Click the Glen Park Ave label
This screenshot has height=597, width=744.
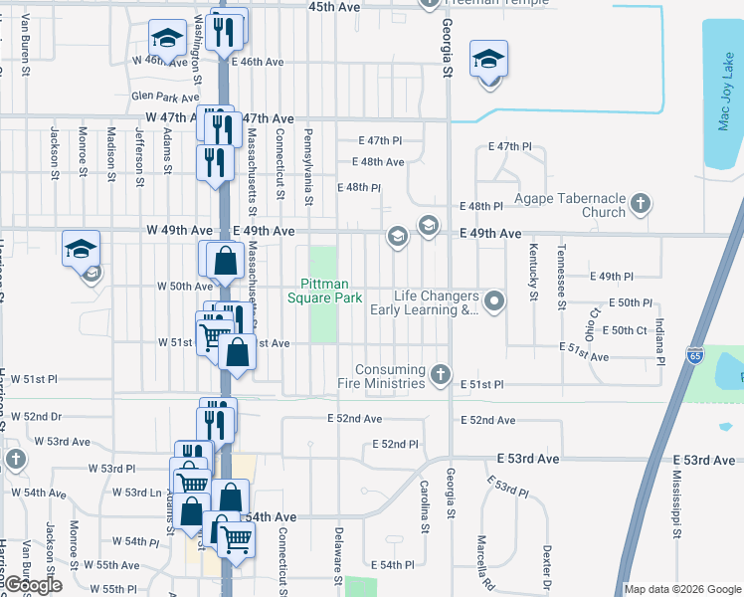coord(165,98)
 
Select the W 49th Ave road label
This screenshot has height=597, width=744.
coord(179,231)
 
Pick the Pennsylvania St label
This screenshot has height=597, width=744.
coord(309,167)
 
